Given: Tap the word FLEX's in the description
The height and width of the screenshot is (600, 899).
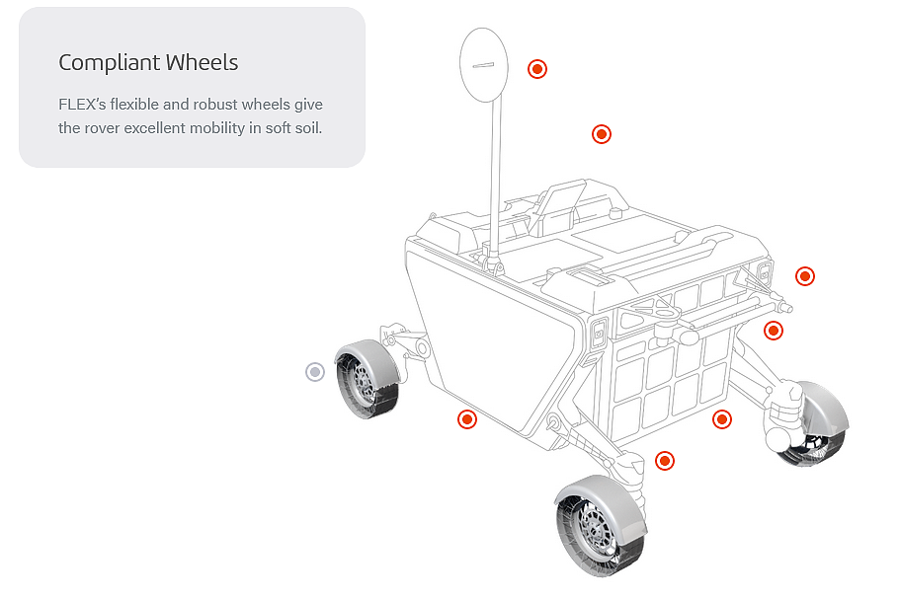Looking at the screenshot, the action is tap(81, 105).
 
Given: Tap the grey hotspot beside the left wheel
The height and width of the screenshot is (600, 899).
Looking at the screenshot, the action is tap(315, 372).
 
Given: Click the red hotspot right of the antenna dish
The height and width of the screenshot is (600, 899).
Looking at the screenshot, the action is tap(537, 68).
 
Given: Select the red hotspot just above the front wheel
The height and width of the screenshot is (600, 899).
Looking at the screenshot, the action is tap(665, 461).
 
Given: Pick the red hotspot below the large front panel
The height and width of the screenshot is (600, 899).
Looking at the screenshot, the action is tap(467, 419).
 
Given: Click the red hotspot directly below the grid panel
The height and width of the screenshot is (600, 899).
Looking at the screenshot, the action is tap(722, 419).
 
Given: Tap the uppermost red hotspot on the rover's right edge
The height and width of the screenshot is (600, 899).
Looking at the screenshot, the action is tap(805, 276).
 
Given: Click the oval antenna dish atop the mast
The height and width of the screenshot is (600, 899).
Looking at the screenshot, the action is tap(483, 63).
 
